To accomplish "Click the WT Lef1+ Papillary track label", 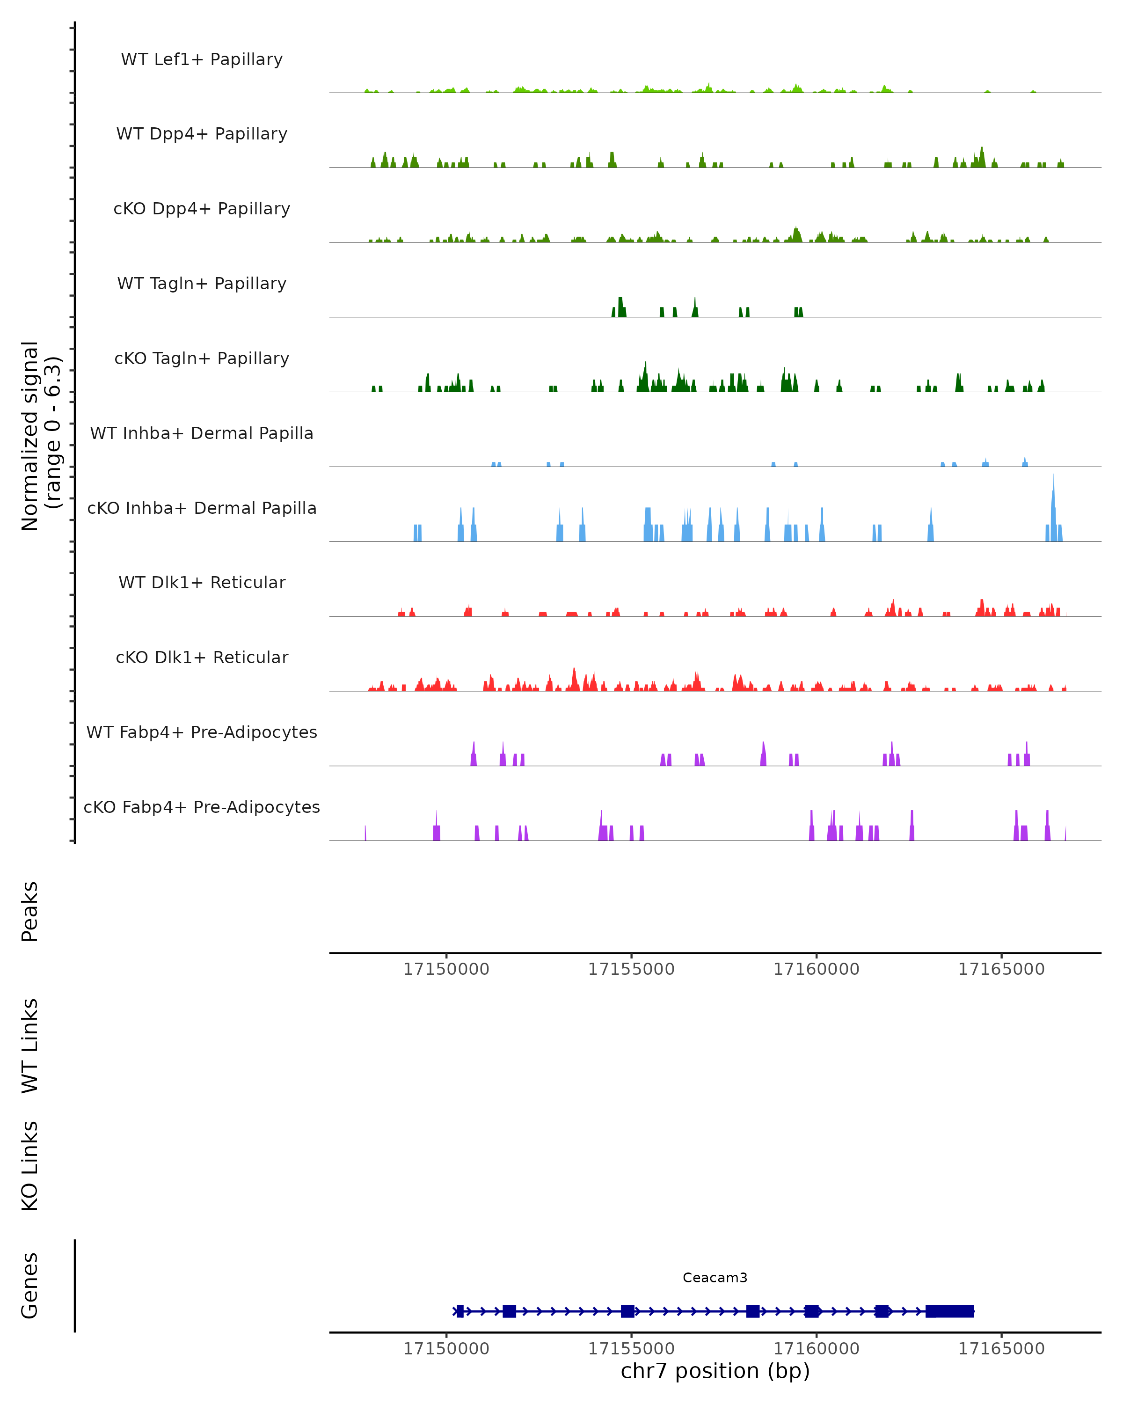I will [x=202, y=59].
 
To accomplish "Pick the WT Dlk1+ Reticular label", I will [x=202, y=582].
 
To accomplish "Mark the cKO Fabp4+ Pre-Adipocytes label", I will [x=202, y=807].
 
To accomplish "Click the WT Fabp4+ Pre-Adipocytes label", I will [x=202, y=732].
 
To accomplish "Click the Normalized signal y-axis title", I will [x=40, y=436].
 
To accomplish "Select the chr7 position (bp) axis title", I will [x=715, y=1371].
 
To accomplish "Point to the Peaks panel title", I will [x=30, y=911].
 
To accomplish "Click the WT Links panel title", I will [x=30, y=1045].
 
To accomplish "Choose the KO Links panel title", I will [x=30, y=1166].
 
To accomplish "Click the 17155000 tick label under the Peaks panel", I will [x=632, y=969].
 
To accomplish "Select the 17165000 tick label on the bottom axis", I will [x=1001, y=1349].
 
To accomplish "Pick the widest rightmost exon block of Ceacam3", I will [x=950, y=1311].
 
